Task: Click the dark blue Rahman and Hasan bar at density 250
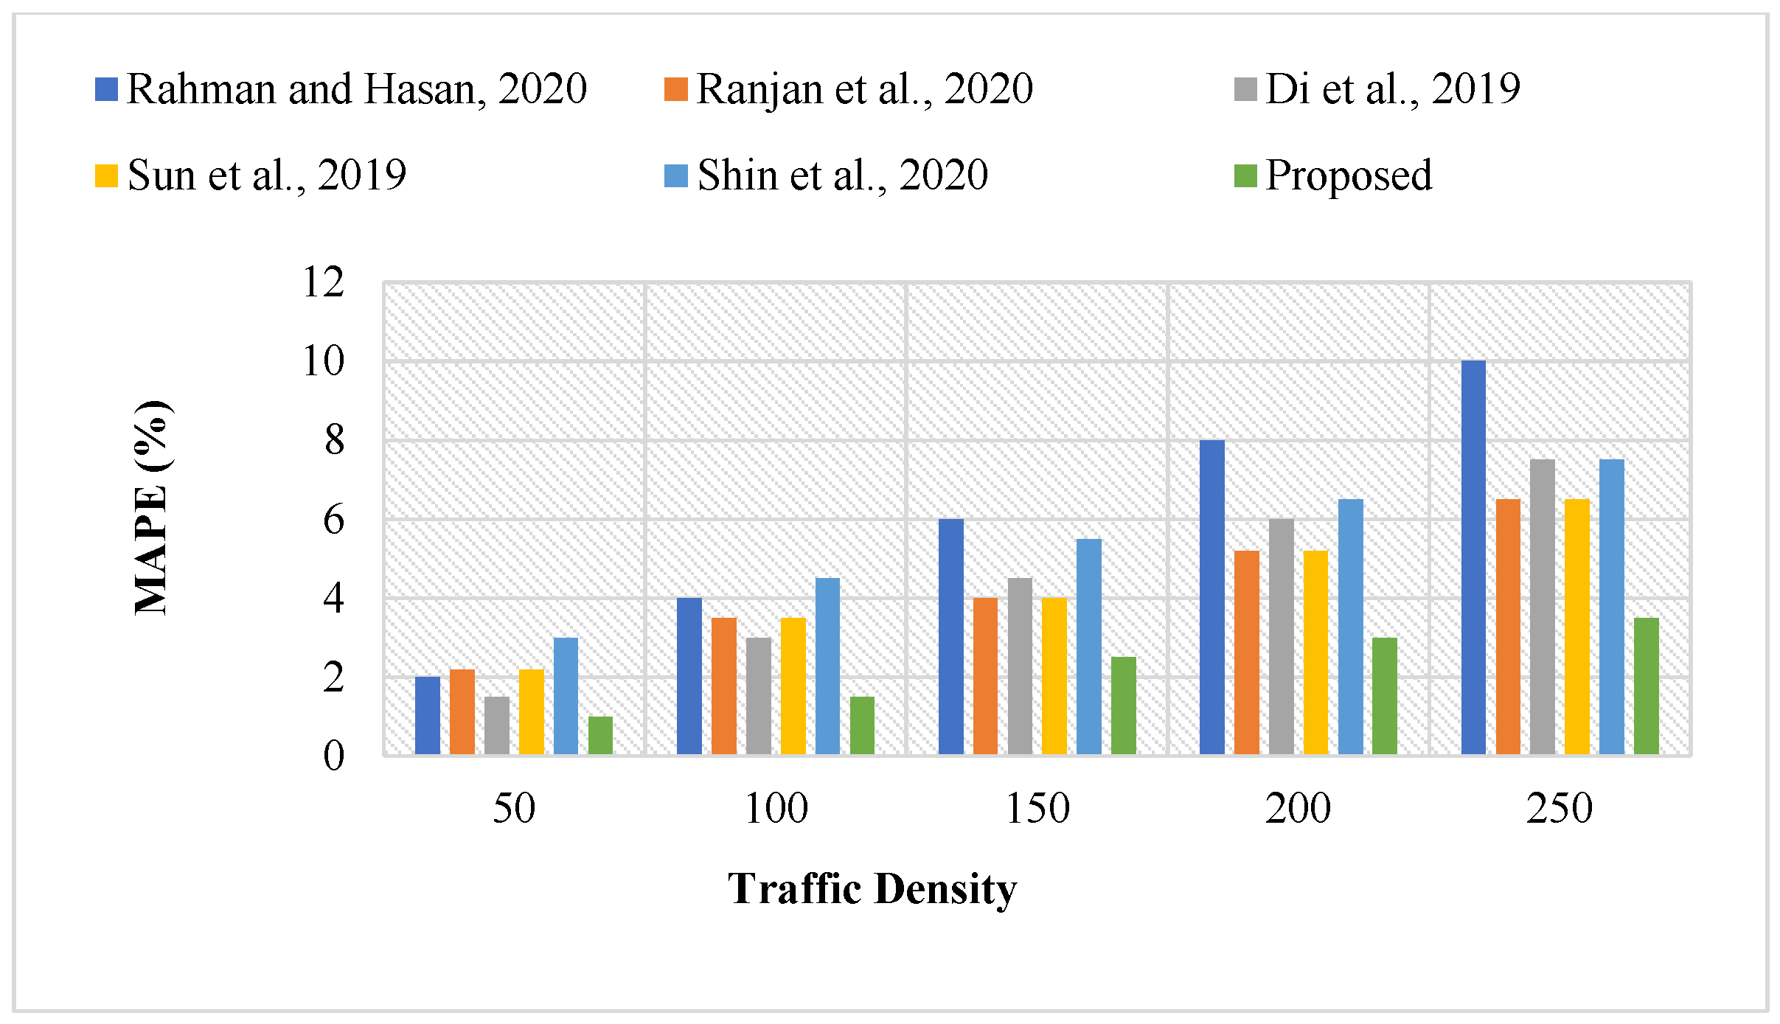click(x=1473, y=557)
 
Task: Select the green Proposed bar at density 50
click(x=600, y=735)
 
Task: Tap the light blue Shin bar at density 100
click(x=827, y=666)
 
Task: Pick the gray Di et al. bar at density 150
click(x=1020, y=666)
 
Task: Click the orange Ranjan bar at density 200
click(x=1246, y=652)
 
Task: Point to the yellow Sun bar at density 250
click(x=1576, y=627)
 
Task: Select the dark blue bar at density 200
click(x=1211, y=597)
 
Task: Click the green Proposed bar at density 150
click(x=1123, y=706)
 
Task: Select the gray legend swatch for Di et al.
click(x=1245, y=89)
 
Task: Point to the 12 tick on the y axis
click(x=323, y=282)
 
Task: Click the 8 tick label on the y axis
click(x=333, y=440)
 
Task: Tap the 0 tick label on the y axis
click(x=333, y=756)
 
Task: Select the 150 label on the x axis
click(x=1037, y=808)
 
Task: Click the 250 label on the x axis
click(x=1560, y=808)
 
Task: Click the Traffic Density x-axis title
click(x=872, y=888)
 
